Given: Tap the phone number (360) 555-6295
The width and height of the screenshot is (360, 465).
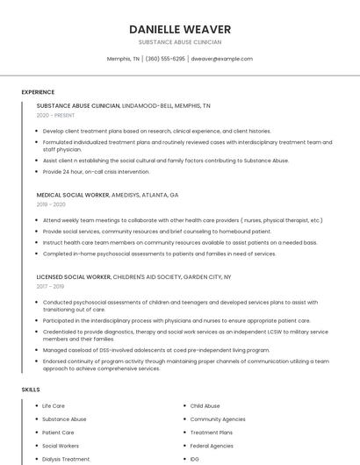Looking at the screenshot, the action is tap(165, 59).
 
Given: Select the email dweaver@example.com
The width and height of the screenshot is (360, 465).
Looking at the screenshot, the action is tap(222, 59).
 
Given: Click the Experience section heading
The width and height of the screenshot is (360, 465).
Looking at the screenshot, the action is tap(38, 92).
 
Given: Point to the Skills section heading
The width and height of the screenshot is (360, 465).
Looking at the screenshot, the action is tap(31, 389).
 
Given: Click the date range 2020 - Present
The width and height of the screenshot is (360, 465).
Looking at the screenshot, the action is tap(55, 116).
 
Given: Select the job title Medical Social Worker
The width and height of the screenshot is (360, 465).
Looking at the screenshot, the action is tap(73, 195).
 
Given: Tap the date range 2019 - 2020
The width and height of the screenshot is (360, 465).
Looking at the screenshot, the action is tap(52, 204).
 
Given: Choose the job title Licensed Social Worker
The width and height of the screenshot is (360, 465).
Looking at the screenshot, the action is tap(74, 276).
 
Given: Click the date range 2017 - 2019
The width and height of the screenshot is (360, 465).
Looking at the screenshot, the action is tap(50, 286).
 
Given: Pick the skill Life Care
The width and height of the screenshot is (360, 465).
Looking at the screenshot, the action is tap(54, 406).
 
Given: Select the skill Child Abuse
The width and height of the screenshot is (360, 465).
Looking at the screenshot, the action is tap(205, 406).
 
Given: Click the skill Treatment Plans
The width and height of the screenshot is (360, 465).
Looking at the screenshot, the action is tap(212, 433).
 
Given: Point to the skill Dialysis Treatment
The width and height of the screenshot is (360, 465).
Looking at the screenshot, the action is tap(66, 459).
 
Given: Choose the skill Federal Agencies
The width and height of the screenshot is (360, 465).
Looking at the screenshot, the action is tap(212, 446).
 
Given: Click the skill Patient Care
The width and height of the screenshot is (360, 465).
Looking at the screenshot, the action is tap(58, 433).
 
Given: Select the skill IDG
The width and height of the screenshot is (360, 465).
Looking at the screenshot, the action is tap(195, 459).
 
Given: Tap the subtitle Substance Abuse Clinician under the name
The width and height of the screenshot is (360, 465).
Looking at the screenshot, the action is tap(180, 42).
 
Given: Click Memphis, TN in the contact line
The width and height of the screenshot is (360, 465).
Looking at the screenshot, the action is tap(123, 59).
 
